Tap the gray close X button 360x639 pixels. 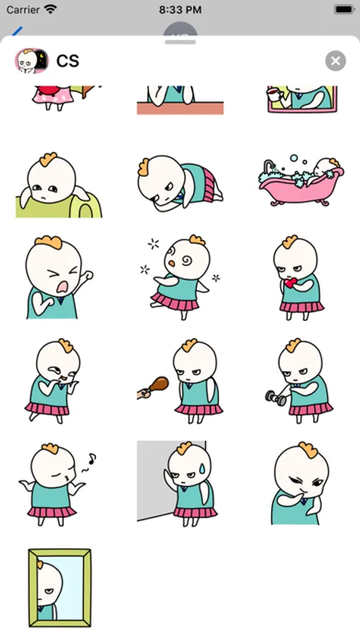click(336, 61)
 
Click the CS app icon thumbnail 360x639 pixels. click(31, 61)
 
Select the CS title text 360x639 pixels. click(67, 61)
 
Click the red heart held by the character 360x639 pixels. click(290, 283)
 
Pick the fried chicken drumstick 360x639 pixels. click(157, 386)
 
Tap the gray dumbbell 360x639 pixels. click(276, 398)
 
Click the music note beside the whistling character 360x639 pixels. click(92, 458)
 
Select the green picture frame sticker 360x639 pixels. click(60, 587)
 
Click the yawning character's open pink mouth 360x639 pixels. click(62, 287)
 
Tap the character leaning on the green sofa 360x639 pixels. click(58, 185)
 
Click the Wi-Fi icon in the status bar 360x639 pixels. click(50, 10)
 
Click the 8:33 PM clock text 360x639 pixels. click(180, 10)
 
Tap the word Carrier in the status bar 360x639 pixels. click(22, 10)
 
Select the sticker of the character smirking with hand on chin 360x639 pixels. click(300, 484)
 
